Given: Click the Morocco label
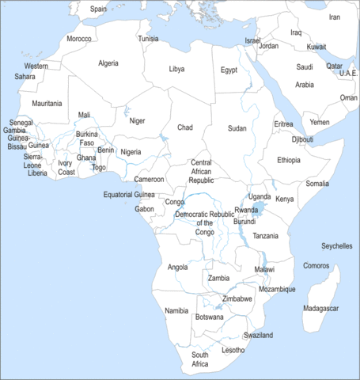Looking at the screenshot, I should click(x=79, y=38).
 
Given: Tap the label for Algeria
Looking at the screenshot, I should click(x=108, y=63).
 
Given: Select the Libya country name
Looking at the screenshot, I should click(x=176, y=69).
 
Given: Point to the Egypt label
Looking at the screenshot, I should click(x=229, y=70).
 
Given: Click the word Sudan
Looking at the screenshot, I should click(x=237, y=128).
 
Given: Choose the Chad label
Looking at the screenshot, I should click(x=185, y=127).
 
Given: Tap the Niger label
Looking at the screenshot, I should click(x=138, y=120).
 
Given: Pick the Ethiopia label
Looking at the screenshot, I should click(x=289, y=160).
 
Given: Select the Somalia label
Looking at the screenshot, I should click(x=317, y=184).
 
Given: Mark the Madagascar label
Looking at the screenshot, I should click(x=321, y=307).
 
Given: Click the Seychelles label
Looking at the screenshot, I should click(x=337, y=245).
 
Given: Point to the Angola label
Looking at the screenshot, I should click(x=178, y=267).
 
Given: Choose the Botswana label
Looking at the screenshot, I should click(x=210, y=317).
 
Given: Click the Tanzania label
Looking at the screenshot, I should click(x=266, y=236).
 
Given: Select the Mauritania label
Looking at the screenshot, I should click(x=47, y=104).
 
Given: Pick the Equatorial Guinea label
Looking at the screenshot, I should click(x=129, y=194).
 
